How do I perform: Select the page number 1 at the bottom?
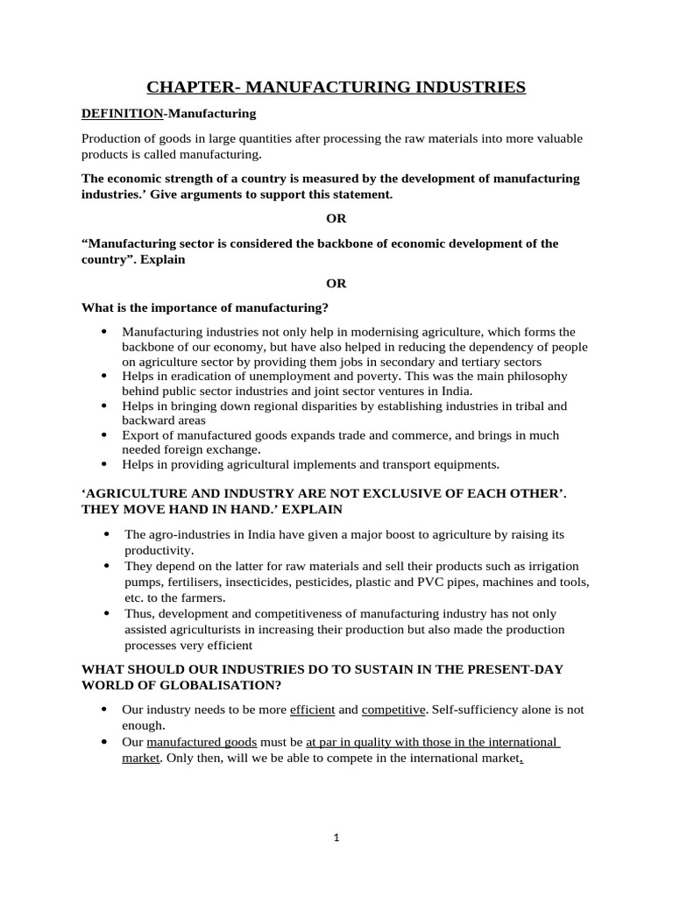coord(336,837)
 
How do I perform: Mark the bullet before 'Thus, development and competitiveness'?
coord(106,614)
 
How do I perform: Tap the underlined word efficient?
coord(312,710)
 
